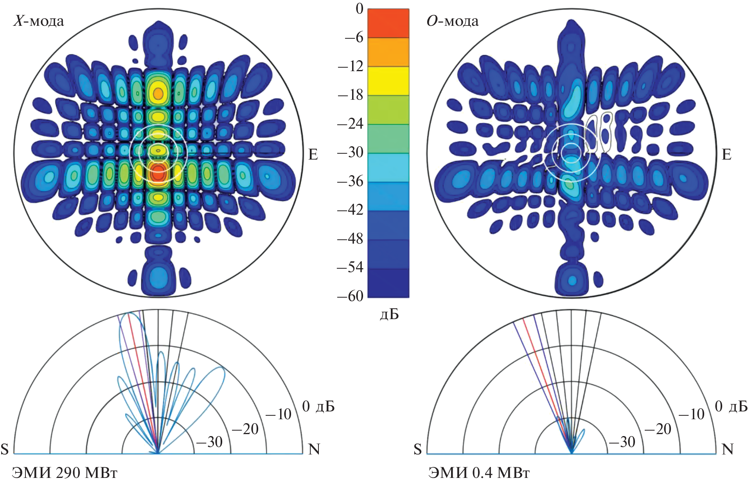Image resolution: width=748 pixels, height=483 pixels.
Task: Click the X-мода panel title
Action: pyautogui.click(x=39, y=21)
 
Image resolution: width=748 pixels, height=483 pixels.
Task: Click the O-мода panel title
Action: pyautogui.click(x=452, y=21)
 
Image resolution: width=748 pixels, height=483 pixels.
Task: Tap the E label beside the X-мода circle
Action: pyautogui.click(x=313, y=154)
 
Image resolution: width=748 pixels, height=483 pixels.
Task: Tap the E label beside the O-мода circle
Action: pyautogui.click(x=726, y=154)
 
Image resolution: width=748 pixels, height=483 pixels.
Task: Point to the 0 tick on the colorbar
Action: pyautogui.click(x=360, y=9)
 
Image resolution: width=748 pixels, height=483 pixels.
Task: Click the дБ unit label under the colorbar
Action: pyautogui.click(x=389, y=314)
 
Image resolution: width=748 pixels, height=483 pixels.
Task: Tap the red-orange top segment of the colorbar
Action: pyautogui.click(x=388, y=23)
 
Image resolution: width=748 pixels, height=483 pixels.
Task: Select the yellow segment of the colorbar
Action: pyautogui.click(x=388, y=81)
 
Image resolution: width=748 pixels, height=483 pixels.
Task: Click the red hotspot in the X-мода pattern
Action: pyautogui.click(x=158, y=172)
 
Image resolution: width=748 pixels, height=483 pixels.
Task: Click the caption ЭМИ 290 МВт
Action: pyautogui.click(x=65, y=473)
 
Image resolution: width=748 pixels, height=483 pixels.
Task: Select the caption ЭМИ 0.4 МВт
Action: pyautogui.click(x=479, y=473)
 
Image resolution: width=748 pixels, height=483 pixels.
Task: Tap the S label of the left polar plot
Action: pyautogui.click(x=5, y=449)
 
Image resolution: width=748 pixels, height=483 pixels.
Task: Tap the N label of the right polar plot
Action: pyautogui.click(x=727, y=449)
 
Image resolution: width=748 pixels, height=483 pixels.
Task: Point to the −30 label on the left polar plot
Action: pyautogui.click(x=209, y=442)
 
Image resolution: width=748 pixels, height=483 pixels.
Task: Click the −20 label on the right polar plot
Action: pyautogui.click(x=658, y=429)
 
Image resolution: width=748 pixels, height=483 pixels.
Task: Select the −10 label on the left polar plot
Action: pyautogui.click(x=278, y=414)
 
